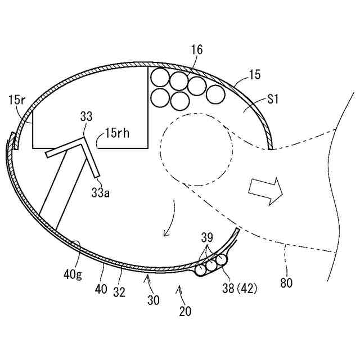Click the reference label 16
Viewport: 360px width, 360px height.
(x=196, y=50)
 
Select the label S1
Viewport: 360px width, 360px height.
(x=273, y=100)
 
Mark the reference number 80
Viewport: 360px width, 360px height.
(x=286, y=283)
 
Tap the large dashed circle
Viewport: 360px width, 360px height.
(x=196, y=151)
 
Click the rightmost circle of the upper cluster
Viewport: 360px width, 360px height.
(x=215, y=93)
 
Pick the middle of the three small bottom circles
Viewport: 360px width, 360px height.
(x=211, y=264)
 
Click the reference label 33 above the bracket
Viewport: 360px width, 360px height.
(x=86, y=117)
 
